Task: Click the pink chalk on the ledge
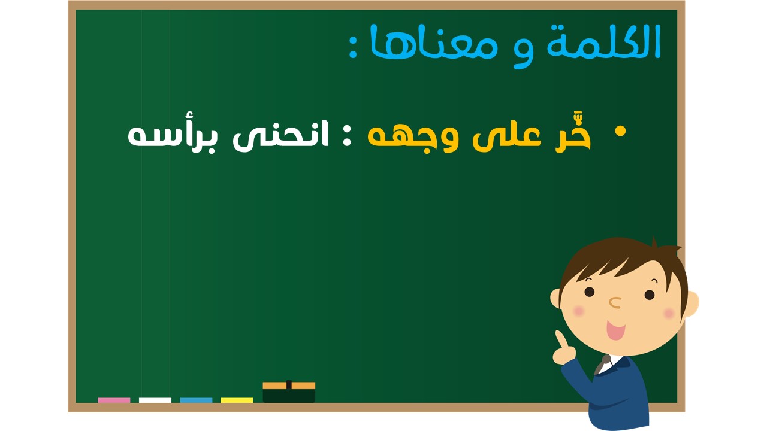(x=114, y=400)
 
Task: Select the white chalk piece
(x=155, y=400)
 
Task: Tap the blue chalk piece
(x=196, y=400)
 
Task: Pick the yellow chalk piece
(x=237, y=400)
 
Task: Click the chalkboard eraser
(x=289, y=392)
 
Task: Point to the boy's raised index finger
(x=560, y=339)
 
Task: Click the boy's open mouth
(x=615, y=330)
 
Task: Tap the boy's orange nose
(x=615, y=302)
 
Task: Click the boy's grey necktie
(x=603, y=365)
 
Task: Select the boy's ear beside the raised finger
(x=555, y=298)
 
